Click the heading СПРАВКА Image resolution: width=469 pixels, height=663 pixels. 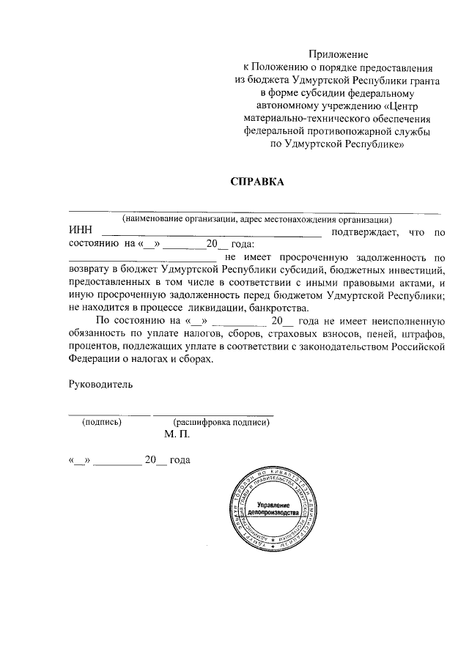click(x=256, y=181)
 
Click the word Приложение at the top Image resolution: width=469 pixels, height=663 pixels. click(x=338, y=54)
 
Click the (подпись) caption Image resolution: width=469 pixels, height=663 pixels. click(x=102, y=422)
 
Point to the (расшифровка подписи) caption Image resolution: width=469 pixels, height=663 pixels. click(x=217, y=422)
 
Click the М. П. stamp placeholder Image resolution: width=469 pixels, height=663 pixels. click(x=177, y=434)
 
